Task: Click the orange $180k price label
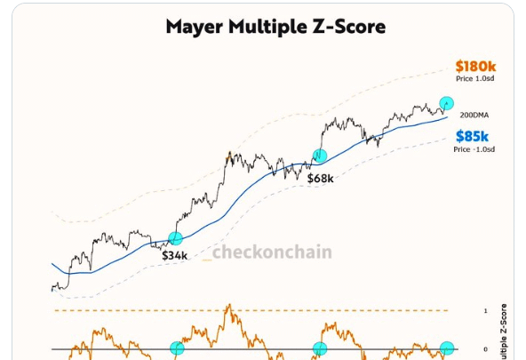[x=474, y=66]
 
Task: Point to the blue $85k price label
[x=472, y=136]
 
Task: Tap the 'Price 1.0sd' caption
[x=476, y=80]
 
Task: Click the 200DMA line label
[x=474, y=116]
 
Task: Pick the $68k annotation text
[x=321, y=178]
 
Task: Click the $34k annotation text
[x=173, y=255]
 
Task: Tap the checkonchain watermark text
[x=272, y=252]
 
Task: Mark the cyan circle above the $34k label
[x=175, y=237]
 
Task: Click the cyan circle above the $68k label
[x=319, y=156]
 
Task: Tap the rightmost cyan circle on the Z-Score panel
[x=447, y=348]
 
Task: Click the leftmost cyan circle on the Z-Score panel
[x=177, y=349]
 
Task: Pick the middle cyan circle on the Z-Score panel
[x=319, y=348]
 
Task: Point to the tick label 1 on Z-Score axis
[x=486, y=310]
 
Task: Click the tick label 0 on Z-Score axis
[x=486, y=349]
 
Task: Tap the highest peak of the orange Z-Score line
[x=228, y=306]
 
